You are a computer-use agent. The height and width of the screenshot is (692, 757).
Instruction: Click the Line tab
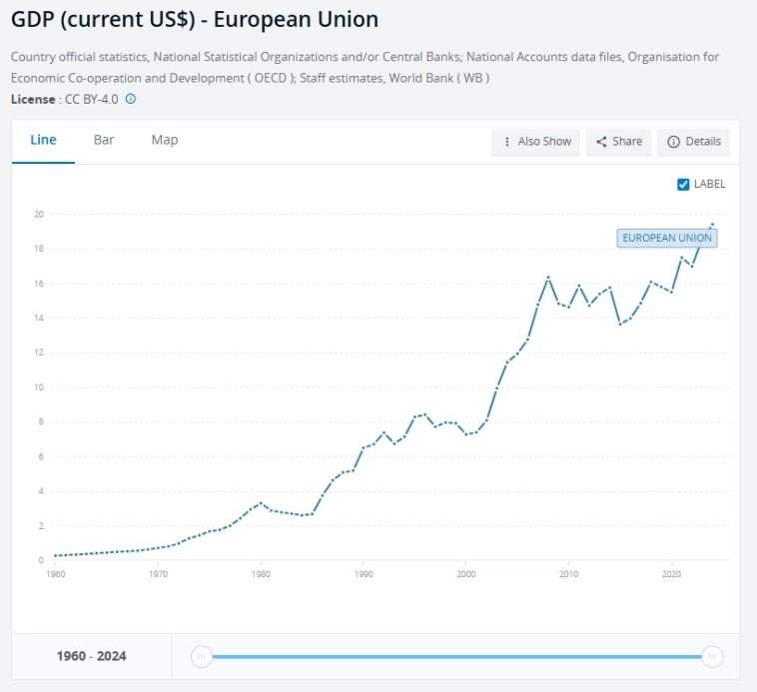point(43,141)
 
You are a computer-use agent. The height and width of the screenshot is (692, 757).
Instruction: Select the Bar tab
point(104,141)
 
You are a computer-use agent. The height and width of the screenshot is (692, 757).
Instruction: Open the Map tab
point(165,141)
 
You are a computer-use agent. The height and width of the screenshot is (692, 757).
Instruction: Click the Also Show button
point(536,142)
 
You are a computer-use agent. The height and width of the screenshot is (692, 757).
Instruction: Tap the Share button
point(619,142)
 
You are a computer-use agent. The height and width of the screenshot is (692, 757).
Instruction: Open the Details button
point(694,142)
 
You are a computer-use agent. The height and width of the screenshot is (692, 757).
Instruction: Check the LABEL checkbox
point(684,184)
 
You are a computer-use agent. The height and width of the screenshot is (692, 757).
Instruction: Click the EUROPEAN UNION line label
point(667,238)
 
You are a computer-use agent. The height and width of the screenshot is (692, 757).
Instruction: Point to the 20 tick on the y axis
point(38,214)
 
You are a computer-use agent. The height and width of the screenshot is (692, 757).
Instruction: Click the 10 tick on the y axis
point(38,386)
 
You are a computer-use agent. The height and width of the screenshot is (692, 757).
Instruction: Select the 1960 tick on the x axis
point(56,574)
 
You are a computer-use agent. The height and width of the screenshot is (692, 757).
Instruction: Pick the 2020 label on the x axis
point(672,574)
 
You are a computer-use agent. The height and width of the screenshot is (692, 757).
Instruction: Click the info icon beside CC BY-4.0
point(131,99)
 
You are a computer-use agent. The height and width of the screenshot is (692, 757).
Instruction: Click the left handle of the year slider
point(202,656)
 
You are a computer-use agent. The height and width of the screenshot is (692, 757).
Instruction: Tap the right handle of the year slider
point(712,656)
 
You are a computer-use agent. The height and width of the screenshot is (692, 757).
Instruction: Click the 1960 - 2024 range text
point(91,656)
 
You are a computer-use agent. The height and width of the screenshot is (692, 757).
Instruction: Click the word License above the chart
point(33,99)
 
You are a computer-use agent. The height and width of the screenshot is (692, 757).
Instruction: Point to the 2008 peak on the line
point(548,277)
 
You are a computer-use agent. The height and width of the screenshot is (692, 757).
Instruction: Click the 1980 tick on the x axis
point(261,574)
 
